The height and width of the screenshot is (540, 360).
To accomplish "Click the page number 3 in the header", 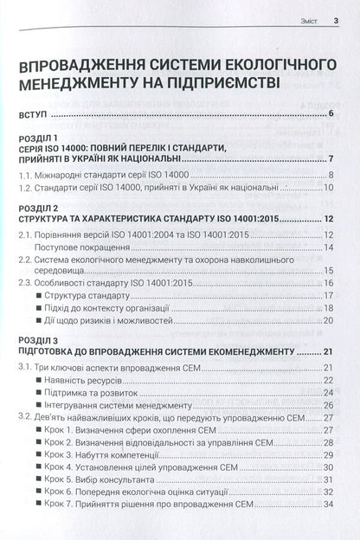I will pyautogui.click(x=335, y=10).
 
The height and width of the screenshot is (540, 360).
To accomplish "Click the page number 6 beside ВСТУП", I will pyautogui.click(x=332, y=114).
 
